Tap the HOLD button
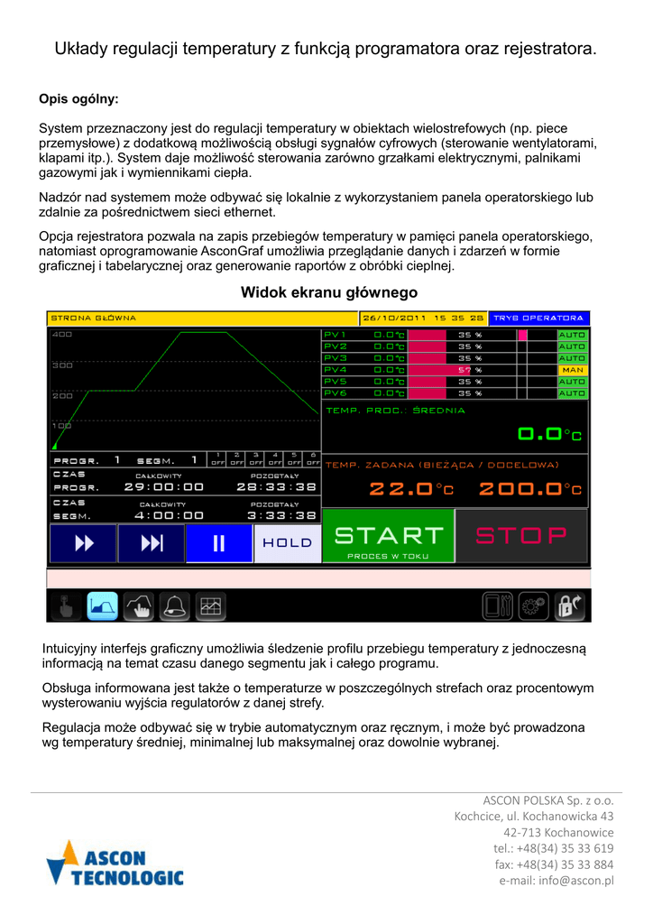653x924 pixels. click(x=287, y=542)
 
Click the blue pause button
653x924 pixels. click(x=219, y=542)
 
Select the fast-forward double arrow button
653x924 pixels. click(x=83, y=542)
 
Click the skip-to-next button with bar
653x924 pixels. click(x=152, y=542)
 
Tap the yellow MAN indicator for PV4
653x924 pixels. click(x=572, y=370)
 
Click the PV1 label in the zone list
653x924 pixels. click(x=335, y=335)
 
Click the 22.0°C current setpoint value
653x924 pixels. click(x=411, y=489)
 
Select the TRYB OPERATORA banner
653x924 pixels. click(x=539, y=319)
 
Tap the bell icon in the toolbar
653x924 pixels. click(x=174, y=606)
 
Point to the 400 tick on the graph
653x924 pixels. click(x=61, y=336)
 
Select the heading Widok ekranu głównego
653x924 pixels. click(x=328, y=292)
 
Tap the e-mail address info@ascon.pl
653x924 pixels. click(x=556, y=881)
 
